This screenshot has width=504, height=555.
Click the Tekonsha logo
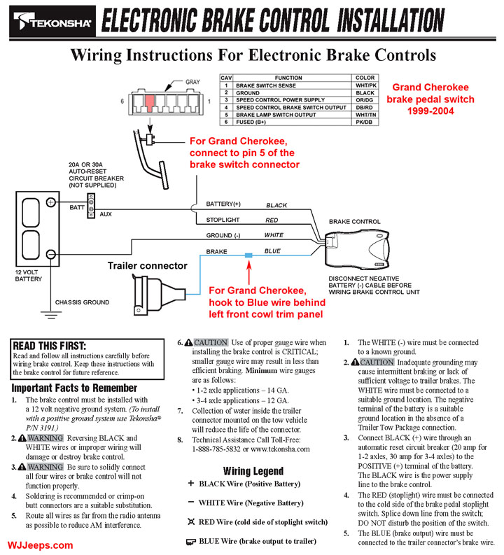[x=50, y=22]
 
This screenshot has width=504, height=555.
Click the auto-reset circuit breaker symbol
[x=90, y=209]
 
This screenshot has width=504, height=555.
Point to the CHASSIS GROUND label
[x=83, y=302]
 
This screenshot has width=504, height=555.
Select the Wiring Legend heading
[x=253, y=471]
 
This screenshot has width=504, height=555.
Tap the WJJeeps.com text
[x=41, y=545]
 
